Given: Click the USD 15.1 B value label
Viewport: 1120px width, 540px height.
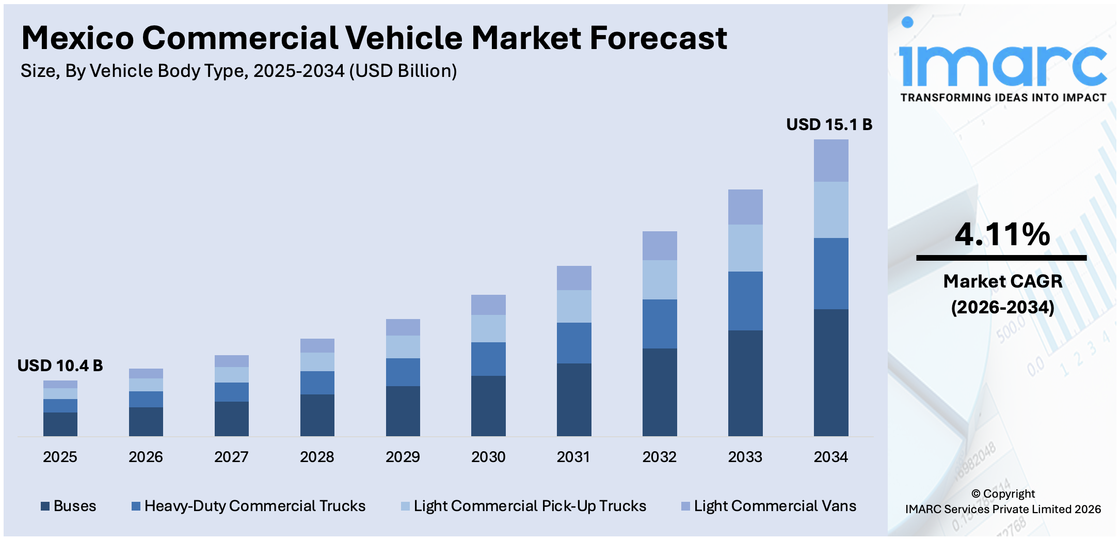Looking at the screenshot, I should coord(829,124).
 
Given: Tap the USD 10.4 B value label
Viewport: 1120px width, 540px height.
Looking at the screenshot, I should coord(60,366).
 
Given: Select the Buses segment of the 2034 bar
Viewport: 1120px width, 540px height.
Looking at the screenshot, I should coord(831,372).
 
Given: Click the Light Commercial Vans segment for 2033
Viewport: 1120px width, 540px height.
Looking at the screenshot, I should coord(745,207).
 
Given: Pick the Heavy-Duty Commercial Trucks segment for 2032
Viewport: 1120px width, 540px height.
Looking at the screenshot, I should coord(660,324).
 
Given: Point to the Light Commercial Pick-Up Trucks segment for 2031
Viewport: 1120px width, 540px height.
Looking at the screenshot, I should coord(574,306).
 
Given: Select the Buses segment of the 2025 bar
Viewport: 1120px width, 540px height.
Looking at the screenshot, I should coord(60,424).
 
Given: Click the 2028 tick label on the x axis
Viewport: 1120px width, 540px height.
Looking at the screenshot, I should coord(317,457).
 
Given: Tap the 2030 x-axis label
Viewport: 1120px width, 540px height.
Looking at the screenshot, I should coord(488,457).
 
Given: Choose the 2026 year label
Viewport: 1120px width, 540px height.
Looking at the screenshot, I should coord(146,457).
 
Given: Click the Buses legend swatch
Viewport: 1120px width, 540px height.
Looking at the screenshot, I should coord(45,506).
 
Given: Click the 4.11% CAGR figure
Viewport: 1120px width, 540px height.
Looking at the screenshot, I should coord(1002,234).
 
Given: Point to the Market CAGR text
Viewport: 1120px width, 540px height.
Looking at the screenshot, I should coord(1002,281).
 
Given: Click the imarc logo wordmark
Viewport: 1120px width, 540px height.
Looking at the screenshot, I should coord(1002,65).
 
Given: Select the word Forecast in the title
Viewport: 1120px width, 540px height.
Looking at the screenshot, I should coord(658,38).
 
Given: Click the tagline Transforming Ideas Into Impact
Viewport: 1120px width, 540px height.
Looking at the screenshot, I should coord(1003,98).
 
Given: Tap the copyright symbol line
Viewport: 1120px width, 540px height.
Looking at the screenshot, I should coord(1003,494).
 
